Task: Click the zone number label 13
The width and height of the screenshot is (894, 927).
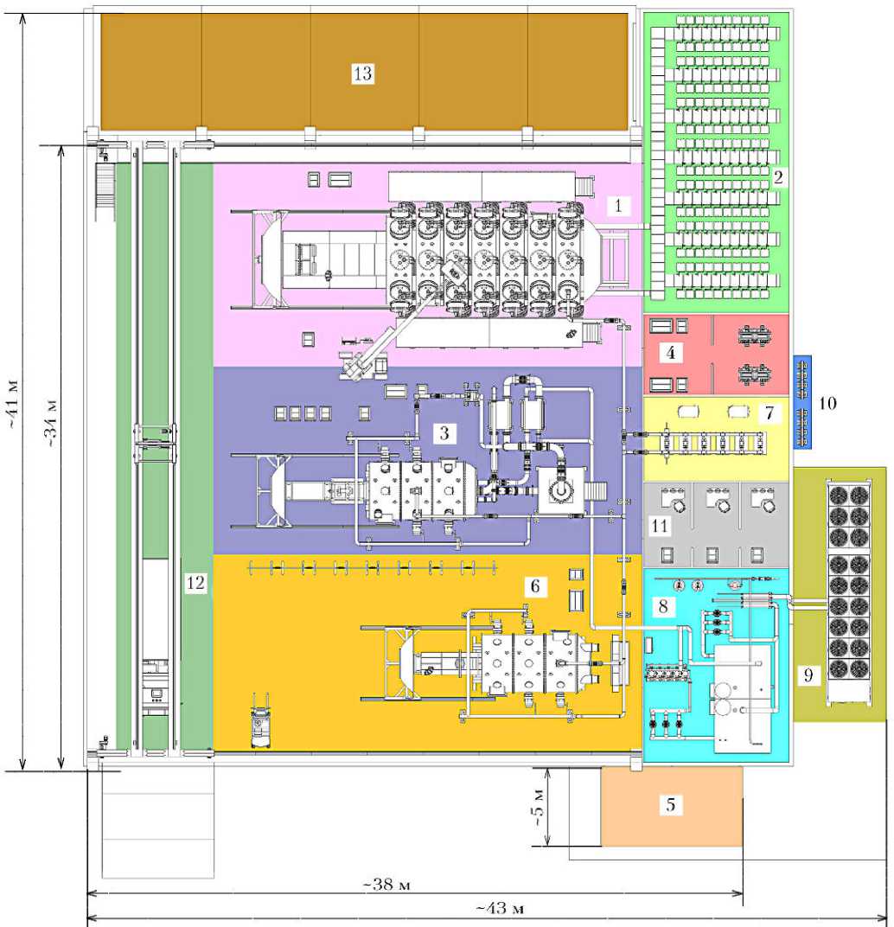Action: click(x=362, y=74)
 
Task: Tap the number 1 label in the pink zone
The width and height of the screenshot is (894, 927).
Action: click(x=618, y=206)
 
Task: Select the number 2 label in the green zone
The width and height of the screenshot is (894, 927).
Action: click(x=778, y=176)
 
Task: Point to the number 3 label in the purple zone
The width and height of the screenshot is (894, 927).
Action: click(x=444, y=433)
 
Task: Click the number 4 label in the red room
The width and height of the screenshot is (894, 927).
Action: click(x=671, y=353)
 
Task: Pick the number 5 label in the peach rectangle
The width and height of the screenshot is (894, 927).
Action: click(x=671, y=804)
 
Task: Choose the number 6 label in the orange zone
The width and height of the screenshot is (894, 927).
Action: click(x=535, y=586)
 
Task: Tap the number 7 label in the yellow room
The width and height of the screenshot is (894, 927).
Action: click(x=769, y=412)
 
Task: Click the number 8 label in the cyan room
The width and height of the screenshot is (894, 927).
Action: click(x=663, y=606)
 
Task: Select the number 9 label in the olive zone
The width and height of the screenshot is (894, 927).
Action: click(x=808, y=674)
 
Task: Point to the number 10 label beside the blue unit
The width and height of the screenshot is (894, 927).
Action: click(x=827, y=403)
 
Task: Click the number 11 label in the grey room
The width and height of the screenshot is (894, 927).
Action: click(x=660, y=526)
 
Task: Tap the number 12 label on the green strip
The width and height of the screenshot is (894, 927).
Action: click(x=195, y=583)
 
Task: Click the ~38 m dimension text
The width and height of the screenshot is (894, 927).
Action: click(x=386, y=885)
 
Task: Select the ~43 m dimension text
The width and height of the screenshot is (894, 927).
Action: click(x=500, y=907)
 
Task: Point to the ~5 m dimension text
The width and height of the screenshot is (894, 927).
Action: click(x=540, y=808)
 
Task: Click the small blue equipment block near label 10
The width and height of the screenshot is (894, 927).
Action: click(x=802, y=402)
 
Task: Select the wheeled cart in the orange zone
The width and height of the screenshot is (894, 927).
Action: click(x=260, y=720)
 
